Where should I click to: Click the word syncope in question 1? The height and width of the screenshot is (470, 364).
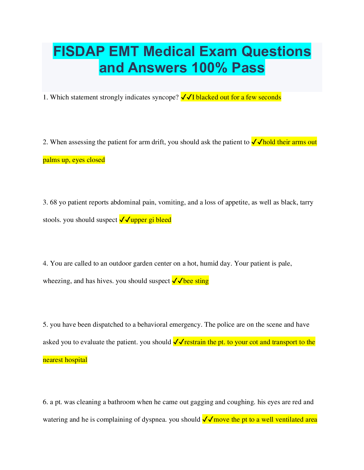164,97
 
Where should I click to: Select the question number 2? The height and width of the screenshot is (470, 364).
45,142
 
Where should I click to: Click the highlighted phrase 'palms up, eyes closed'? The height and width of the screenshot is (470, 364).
74,160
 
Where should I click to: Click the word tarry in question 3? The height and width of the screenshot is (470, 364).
306,202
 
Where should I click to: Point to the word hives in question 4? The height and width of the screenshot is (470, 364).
105,281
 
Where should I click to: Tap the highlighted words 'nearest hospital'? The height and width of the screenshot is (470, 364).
65,360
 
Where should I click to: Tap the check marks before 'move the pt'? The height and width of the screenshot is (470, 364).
208,420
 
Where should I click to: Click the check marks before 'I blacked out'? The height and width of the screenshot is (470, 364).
186,97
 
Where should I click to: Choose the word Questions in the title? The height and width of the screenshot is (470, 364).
276,51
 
